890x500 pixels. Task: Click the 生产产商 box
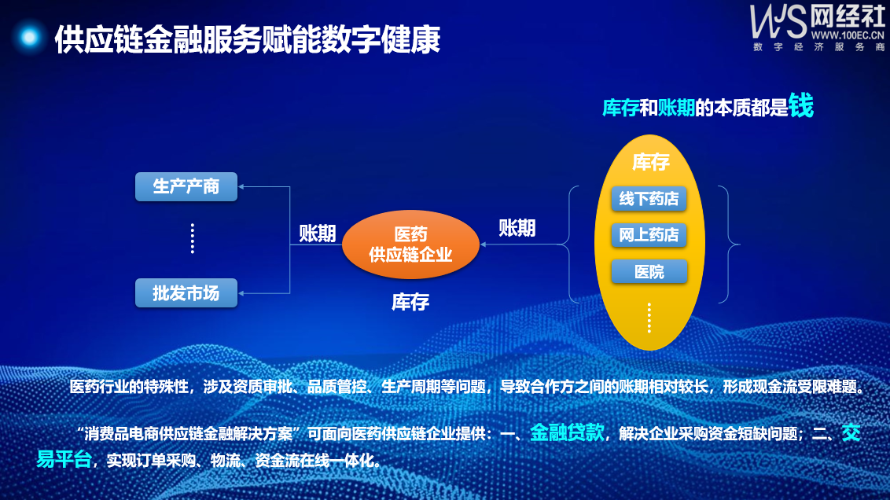click(x=186, y=187)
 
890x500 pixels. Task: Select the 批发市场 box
click(x=186, y=293)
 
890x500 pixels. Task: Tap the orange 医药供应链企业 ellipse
click(x=410, y=244)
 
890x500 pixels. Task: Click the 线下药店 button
click(x=649, y=199)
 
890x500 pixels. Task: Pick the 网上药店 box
click(x=649, y=235)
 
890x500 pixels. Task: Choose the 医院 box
click(x=649, y=272)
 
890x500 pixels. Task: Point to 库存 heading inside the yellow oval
click(x=651, y=162)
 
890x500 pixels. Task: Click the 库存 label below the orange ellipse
click(x=410, y=302)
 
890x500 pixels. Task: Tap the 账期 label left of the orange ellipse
click(x=318, y=233)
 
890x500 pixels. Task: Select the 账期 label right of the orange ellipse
click(x=517, y=228)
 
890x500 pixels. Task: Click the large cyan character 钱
click(x=801, y=105)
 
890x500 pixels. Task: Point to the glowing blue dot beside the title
click(x=29, y=38)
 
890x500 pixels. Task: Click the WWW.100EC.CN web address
click(x=848, y=35)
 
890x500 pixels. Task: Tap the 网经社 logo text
click(x=847, y=17)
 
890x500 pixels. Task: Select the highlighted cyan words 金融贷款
click(x=567, y=433)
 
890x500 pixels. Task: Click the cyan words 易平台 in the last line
click(x=64, y=459)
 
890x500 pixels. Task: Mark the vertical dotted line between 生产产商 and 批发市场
click(x=193, y=238)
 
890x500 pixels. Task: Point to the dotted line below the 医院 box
click(x=649, y=318)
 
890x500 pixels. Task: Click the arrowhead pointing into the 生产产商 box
click(x=241, y=187)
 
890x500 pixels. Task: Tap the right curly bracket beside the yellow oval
click(x=730, y=244)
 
